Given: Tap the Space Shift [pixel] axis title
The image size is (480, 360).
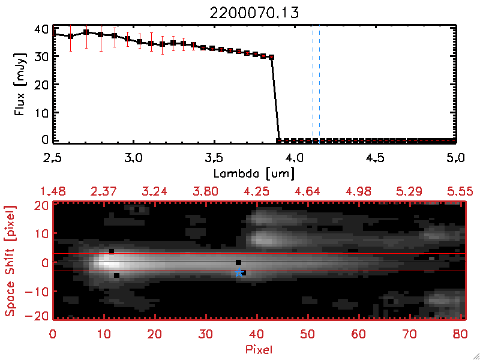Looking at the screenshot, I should [x=10, y=260].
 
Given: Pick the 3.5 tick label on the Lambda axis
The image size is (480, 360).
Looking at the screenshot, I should [x=214, y=159].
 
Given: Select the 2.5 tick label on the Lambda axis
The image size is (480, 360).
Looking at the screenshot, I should [x=53, y=159].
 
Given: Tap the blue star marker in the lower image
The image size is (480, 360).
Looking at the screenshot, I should [x=239, y=272].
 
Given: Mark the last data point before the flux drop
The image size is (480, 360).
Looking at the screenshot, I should [x=272, y=58].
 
